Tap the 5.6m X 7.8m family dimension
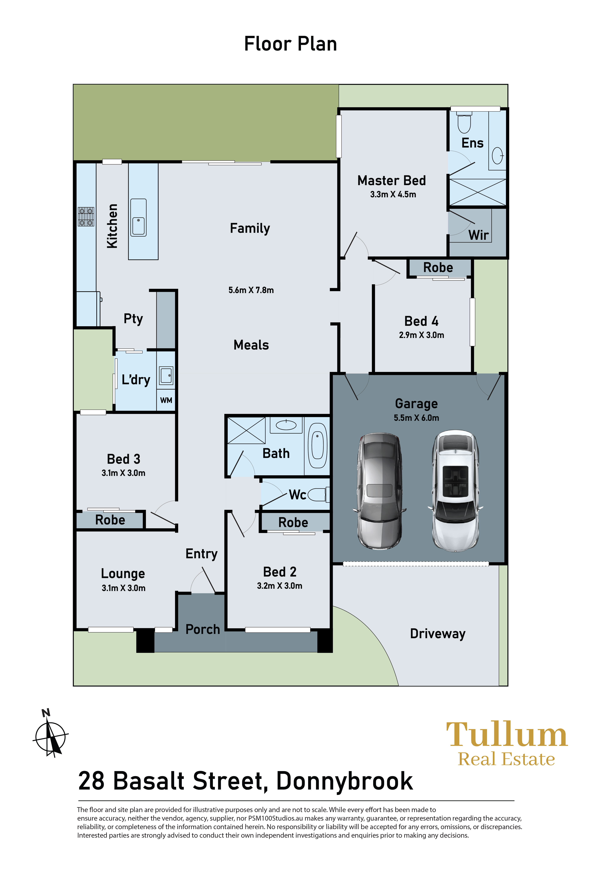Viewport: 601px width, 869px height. [x=251, y=290]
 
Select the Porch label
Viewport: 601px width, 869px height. [x=203, y=629]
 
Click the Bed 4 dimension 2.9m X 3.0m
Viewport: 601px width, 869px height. [x=421, y=335]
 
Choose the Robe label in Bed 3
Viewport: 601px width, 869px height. [x=110, y=520]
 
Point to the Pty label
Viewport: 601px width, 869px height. [x=133, y=319]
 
